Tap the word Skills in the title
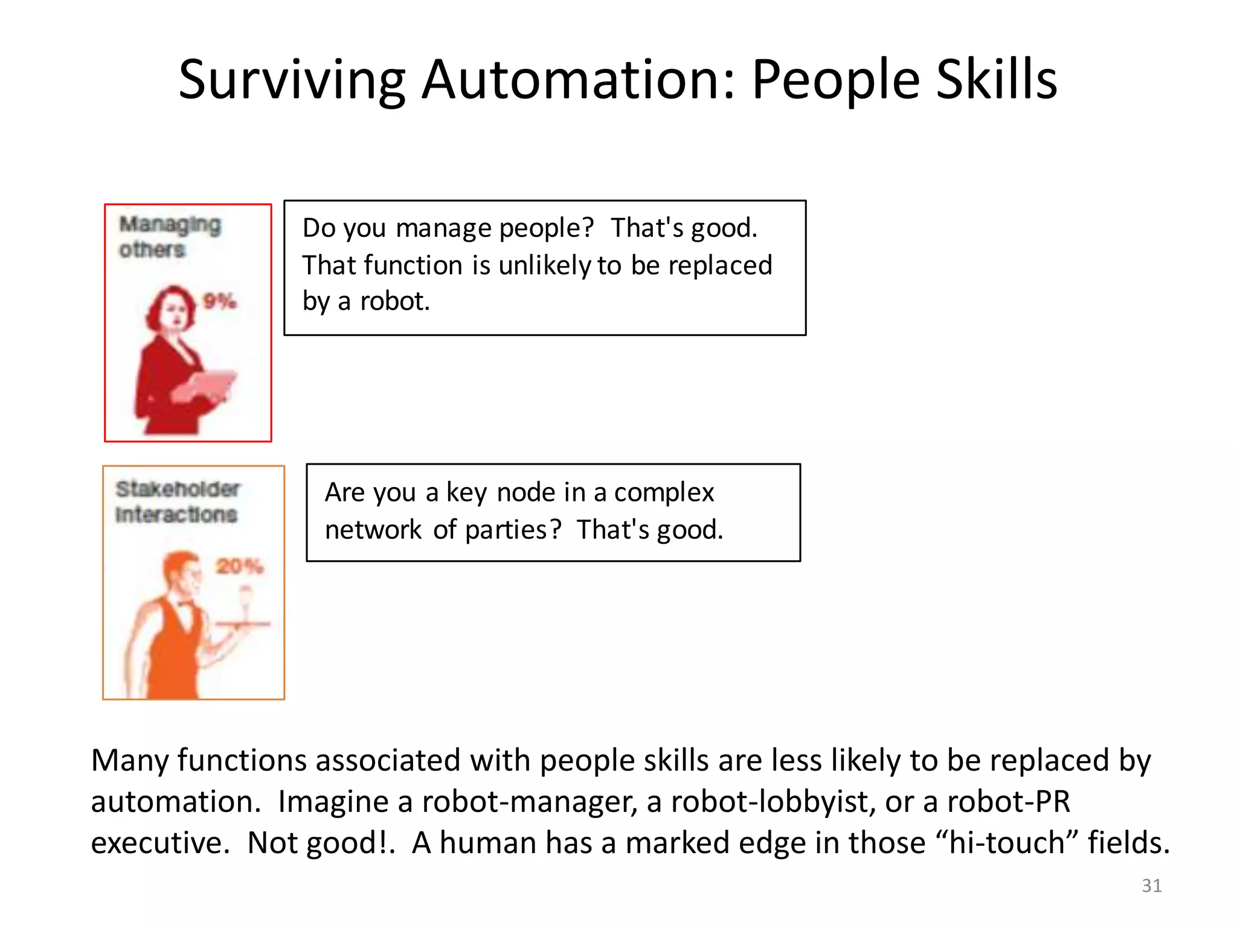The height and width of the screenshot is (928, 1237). pyautogui.click(x=996, y=80)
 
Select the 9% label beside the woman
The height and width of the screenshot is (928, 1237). pyautogui.click(x=219, y=301)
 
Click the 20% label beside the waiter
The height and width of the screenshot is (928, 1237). pyautogui.click(x=239, y=566)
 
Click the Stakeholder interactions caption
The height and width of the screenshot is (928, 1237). pyautogui.click(x=177, y=501)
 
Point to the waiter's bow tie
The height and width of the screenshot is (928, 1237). pyautogui.click(x=185, y=604)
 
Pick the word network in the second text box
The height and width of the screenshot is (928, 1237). pyautogui.click(x=373, y=530)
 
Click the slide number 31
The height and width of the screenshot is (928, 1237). pyautogui.click(x=1151, y=885)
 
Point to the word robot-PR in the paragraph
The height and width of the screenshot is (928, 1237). pyautogui.click(x=1008, y=802)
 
